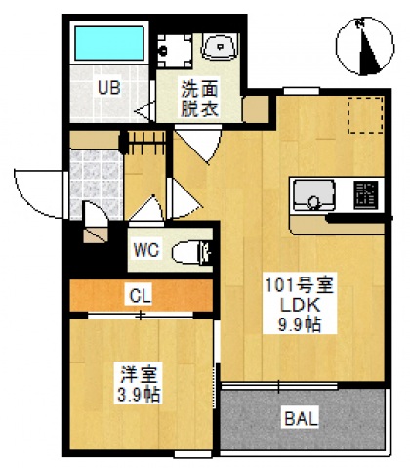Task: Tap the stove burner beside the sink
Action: point(366,193)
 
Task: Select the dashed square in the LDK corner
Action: point(364,115)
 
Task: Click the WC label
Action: point(146,250)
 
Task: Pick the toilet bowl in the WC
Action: point(189,252)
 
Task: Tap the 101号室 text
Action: point(301,285)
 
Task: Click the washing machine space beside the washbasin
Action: point(173,47)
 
